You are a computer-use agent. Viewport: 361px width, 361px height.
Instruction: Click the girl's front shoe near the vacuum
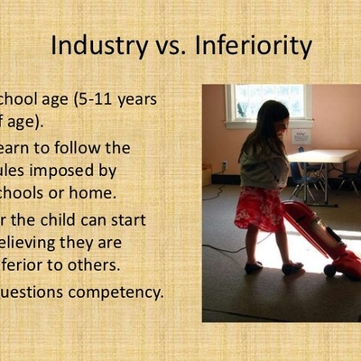(290, 267)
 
